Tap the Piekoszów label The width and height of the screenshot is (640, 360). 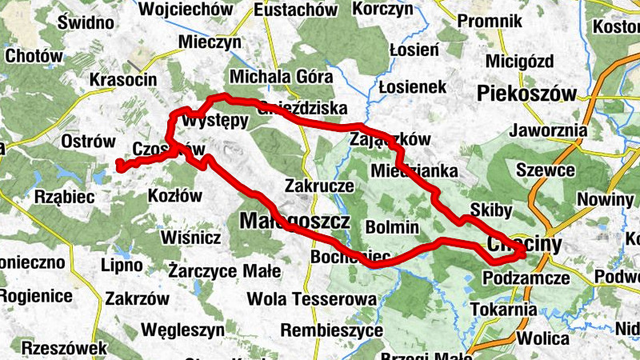[x=526, y=94]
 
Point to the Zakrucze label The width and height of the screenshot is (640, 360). [x=319, y=185]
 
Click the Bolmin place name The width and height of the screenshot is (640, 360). [x=391, y=226]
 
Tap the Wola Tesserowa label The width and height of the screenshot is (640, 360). [x=311, y=298]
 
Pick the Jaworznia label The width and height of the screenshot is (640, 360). [x=553, y=130]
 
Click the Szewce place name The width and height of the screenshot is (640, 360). [x=546, y=170]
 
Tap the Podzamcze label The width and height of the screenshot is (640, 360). [x=526, y=278]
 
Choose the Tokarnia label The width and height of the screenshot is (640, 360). [x=503, y=309]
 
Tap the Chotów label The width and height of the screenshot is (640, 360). [x=34, y=56]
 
